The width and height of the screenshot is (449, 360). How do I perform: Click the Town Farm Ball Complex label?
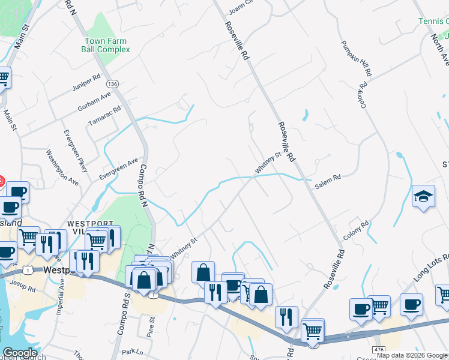[x=106, y=45]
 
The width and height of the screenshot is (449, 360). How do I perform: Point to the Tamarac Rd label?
[x=104, y=116]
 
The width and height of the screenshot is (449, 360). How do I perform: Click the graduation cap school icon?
[x=423, y=196]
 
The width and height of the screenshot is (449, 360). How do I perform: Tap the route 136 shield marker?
[x=112, y=83]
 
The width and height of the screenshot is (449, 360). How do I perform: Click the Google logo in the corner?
[x=20, y=353]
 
